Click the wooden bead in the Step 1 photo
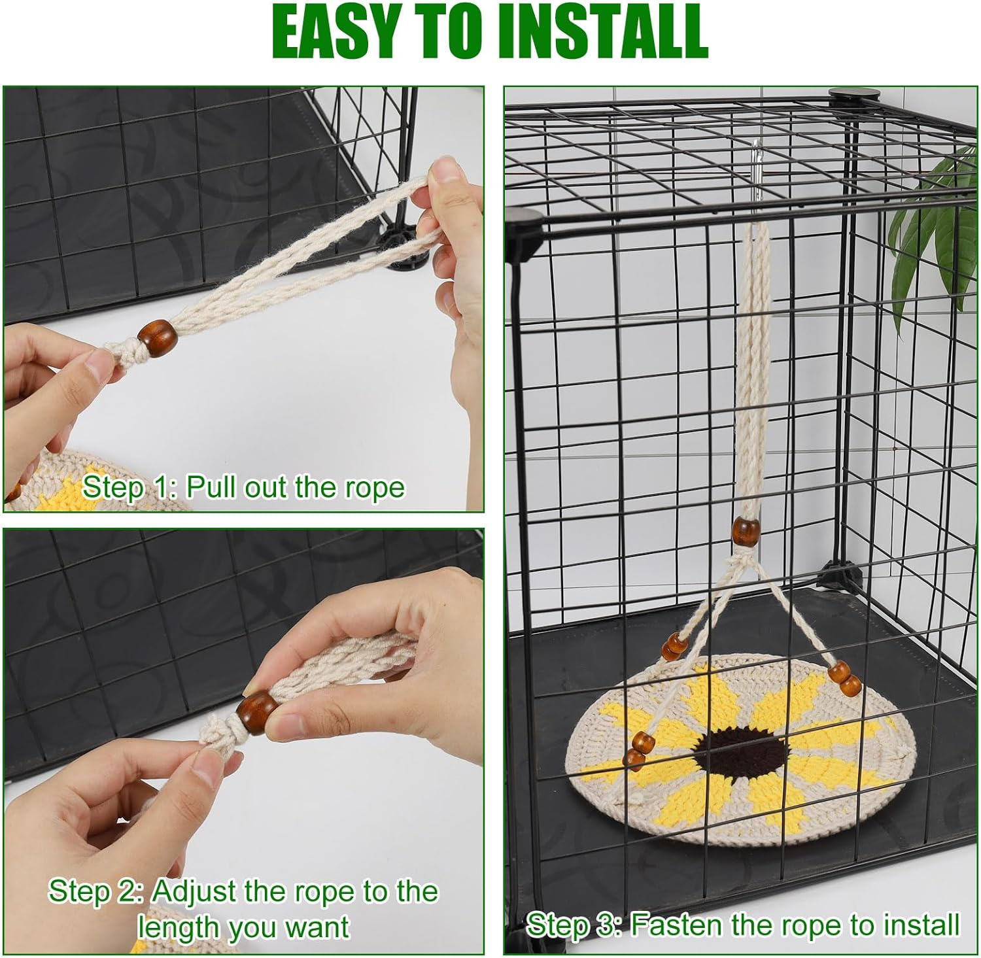coord(157,337)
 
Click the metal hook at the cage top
coord(758,166)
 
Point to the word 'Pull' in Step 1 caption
coord(209,487)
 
